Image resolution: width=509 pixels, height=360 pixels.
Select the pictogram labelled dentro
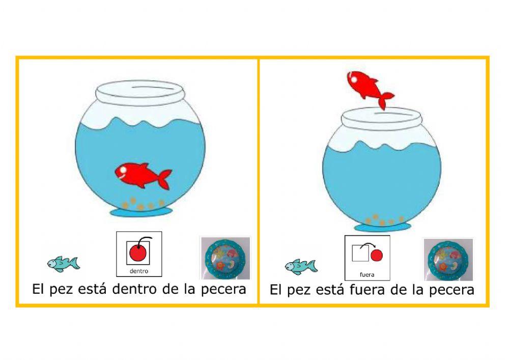(x=139, y=254)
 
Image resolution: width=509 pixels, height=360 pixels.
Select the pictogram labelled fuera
(x=367, y=258)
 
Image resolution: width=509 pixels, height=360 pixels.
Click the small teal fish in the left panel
(x=63, y=263)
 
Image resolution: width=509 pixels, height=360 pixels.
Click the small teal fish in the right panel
(x=301, y=266)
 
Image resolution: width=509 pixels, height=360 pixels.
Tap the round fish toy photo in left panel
(x=224, y=258)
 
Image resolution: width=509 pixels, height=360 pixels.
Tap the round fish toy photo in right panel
(x=448, y=259)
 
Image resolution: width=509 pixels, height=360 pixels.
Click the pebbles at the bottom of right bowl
(x=383, y=220)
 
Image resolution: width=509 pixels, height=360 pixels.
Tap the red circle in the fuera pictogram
(x=376, y=254)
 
